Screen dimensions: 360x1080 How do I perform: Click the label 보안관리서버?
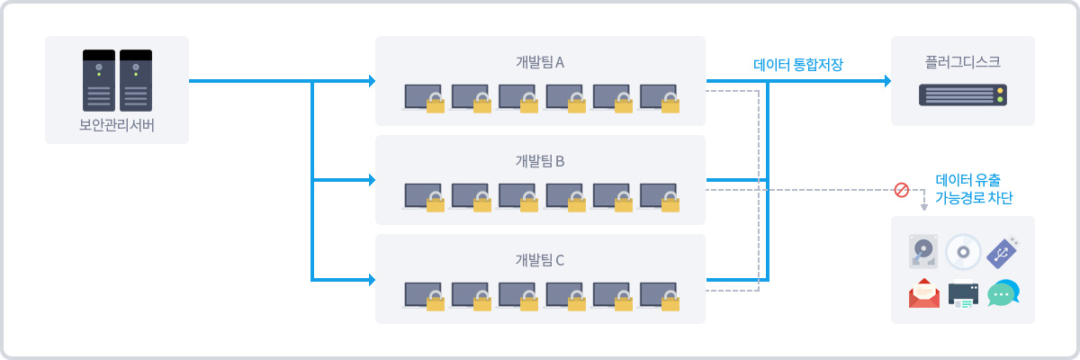117,124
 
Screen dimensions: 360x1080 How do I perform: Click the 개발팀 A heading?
540,62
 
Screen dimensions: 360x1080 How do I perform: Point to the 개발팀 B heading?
540,161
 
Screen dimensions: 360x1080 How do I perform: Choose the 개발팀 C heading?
540,260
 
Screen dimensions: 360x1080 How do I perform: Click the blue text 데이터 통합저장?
805,64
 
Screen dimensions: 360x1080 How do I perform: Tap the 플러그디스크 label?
962,62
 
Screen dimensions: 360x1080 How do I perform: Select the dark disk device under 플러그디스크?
962,94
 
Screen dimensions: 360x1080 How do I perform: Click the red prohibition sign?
901,190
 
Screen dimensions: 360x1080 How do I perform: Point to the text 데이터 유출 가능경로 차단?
974,188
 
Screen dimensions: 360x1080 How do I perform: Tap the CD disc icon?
963,252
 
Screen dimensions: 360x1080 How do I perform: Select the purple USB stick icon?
1002,252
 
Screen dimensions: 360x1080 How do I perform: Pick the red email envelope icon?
924,293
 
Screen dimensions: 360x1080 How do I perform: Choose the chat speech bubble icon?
1003,293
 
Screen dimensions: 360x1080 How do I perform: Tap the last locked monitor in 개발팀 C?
660,296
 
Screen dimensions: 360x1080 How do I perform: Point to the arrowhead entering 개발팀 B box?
371,180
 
